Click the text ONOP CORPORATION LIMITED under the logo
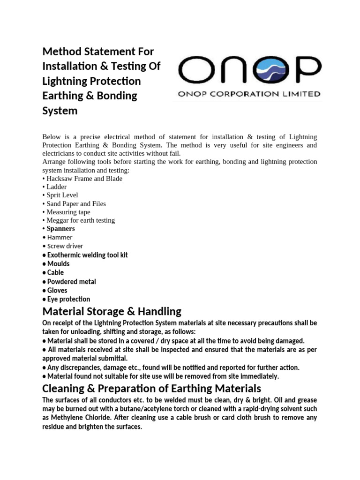click(249, 94)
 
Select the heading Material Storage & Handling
click(112, 311)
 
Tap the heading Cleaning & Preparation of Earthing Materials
click(151, 389)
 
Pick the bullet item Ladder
click(56, 187)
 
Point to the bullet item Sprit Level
click(62, 195)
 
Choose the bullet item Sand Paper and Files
click(76, 203)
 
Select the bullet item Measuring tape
click(68, 212)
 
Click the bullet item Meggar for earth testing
click(80, 220)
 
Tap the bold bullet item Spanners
click(60, 229)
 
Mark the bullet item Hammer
click(60, 237)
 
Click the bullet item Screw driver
click(65, 246)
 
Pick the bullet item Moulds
click(58, 264)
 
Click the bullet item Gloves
click(57, 291)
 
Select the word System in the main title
click(60, 111)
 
